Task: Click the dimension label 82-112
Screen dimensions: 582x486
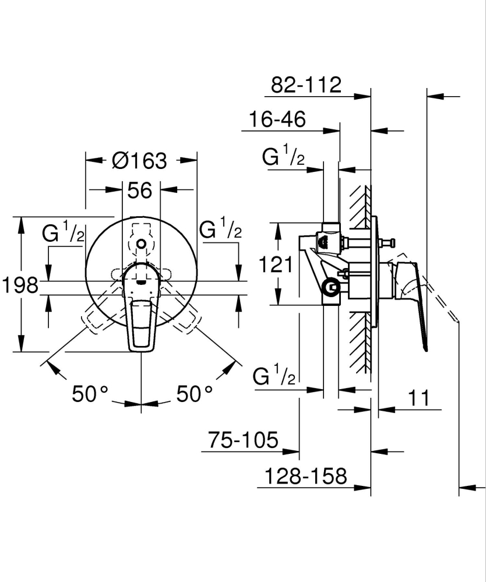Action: [x=306, y=85]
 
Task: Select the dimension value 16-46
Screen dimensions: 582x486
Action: [x=277, y=120]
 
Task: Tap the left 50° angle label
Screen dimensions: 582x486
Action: [x=90, y=394]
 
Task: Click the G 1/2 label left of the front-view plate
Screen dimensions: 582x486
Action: [x=64, y=233]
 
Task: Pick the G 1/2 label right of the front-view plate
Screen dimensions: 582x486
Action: [x=221, y=230]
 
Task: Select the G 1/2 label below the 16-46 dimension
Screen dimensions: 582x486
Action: [x=283, y=157]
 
